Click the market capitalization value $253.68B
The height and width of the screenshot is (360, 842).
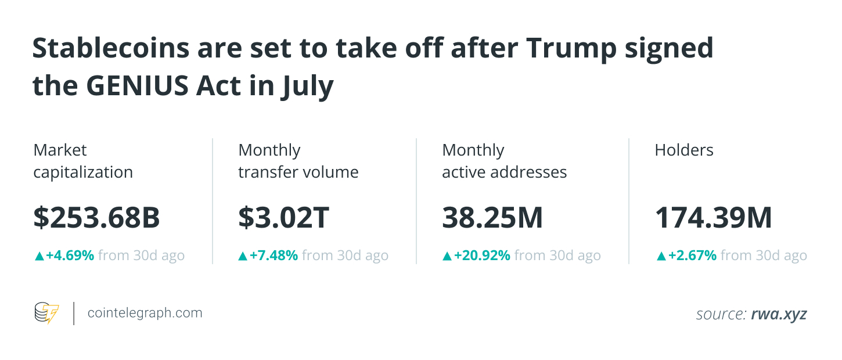coord(96,218)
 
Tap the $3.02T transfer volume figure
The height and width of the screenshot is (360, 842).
coord(283,218)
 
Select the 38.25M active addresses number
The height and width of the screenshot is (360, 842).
coord(492,218)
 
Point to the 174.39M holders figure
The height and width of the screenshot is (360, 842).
coord(713,218)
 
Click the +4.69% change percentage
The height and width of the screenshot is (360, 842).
coord(70,255)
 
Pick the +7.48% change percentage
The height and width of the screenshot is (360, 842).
coord(274,255)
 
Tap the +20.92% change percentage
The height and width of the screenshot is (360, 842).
coord(481,255)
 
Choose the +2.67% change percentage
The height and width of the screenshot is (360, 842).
coord(692,255)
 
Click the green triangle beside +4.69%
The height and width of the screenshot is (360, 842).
coord(39,255)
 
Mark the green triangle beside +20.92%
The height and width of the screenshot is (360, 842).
coord(447,255)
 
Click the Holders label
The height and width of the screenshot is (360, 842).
coord(683,150)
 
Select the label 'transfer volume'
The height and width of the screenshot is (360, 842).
coord(298,172)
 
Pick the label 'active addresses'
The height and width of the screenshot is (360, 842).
coord(504,172)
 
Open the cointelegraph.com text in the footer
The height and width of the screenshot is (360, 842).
coord(145,313)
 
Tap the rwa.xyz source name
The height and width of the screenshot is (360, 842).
coord(779,314)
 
